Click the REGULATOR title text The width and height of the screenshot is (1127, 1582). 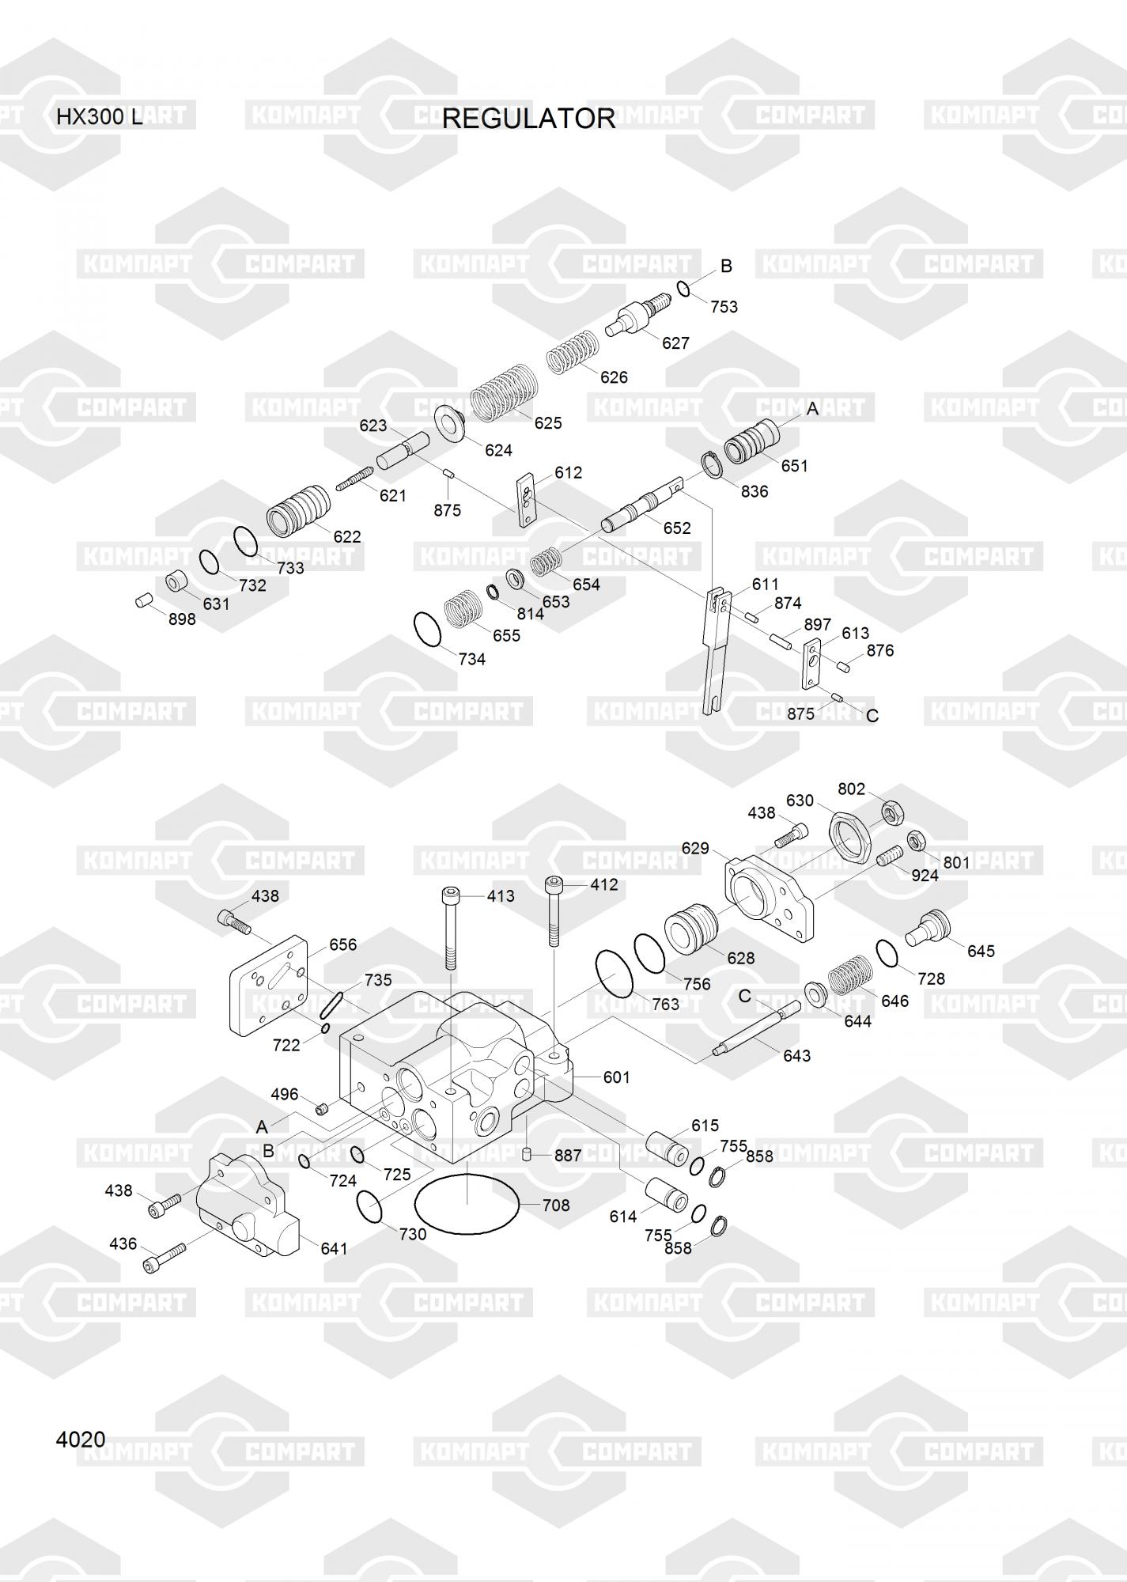tap(528, 119)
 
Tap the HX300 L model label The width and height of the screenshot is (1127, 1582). tap(100, 117)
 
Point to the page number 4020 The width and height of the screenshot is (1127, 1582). tap(81, 1439)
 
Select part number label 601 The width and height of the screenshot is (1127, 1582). tap(616, 1077)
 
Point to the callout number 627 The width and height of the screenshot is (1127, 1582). tap(675, 343)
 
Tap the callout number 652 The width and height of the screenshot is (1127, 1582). tap(677, 528)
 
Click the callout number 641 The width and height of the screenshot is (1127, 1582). tap(334, 1248)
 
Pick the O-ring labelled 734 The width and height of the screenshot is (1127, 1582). tap(429, 629)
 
